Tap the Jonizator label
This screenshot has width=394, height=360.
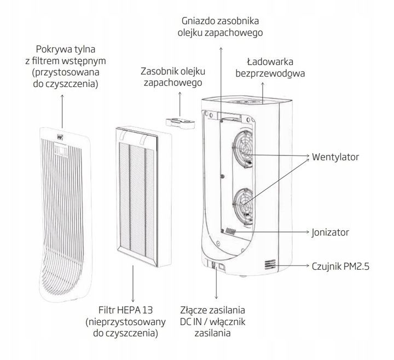coord(331,231)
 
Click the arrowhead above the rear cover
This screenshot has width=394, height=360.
coord(62,95)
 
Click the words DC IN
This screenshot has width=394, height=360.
coord(194,321)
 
